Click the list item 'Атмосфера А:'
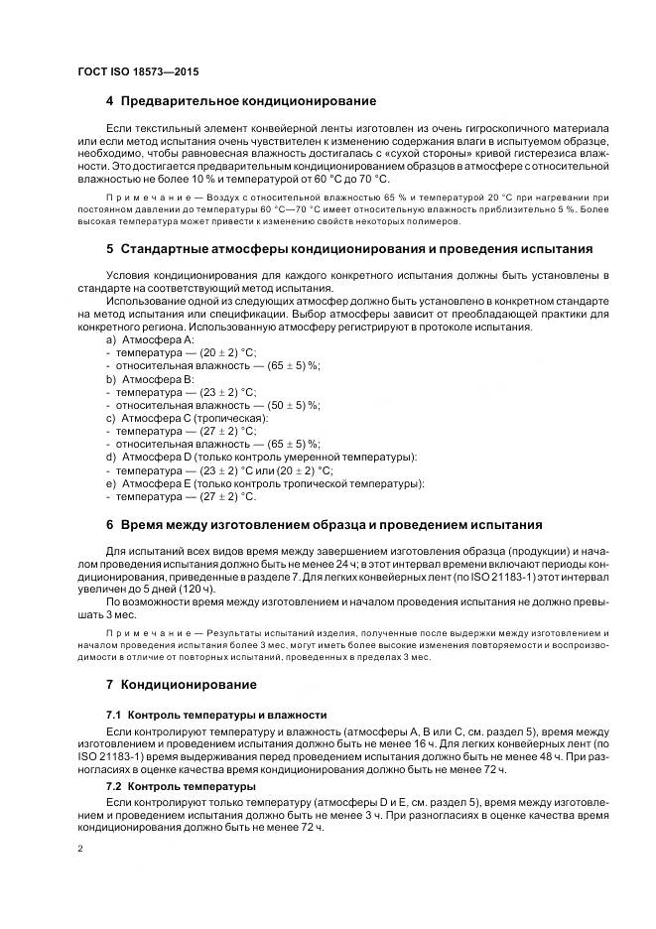(150, 339)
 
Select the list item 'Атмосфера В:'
(150, 378)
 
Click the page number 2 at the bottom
(80, 849)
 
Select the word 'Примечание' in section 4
(135, 199)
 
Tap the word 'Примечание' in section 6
(135, 632)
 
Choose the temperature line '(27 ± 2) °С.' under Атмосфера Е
(227, 496)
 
